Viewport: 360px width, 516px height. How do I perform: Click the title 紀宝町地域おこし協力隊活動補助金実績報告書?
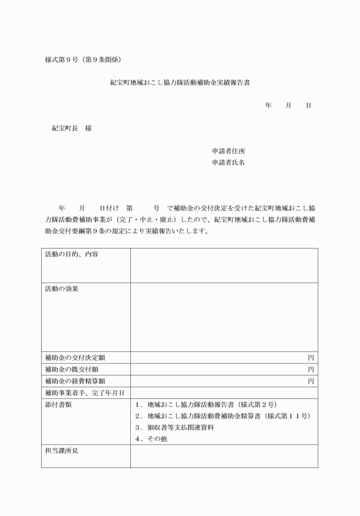tap(180, 82)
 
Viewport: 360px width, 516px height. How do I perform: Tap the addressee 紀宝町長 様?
tap(71, 129)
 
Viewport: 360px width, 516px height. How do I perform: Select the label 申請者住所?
tap(229, 151)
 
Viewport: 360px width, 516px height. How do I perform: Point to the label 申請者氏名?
tap(229, 163)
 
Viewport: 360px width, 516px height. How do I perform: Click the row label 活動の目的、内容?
tap(71, 254)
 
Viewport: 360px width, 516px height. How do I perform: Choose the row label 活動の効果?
tap(62, 289)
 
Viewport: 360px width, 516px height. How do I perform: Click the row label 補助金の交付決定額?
tap(75, 358)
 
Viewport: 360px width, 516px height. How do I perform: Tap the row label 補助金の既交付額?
tap(71, 369)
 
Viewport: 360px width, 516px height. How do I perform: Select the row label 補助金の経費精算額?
tap(75, 381)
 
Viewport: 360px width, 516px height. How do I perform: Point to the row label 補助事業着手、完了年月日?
tap(85, 393)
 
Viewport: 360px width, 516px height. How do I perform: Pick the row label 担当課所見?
tap(62, 451)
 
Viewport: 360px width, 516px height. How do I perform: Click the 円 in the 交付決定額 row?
tap(311, 358)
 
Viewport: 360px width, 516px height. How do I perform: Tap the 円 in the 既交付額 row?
tap(311, 369)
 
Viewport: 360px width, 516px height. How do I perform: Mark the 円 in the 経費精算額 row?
tap(311, 381)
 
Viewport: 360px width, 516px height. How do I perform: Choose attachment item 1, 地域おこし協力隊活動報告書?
tap(206, 405)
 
